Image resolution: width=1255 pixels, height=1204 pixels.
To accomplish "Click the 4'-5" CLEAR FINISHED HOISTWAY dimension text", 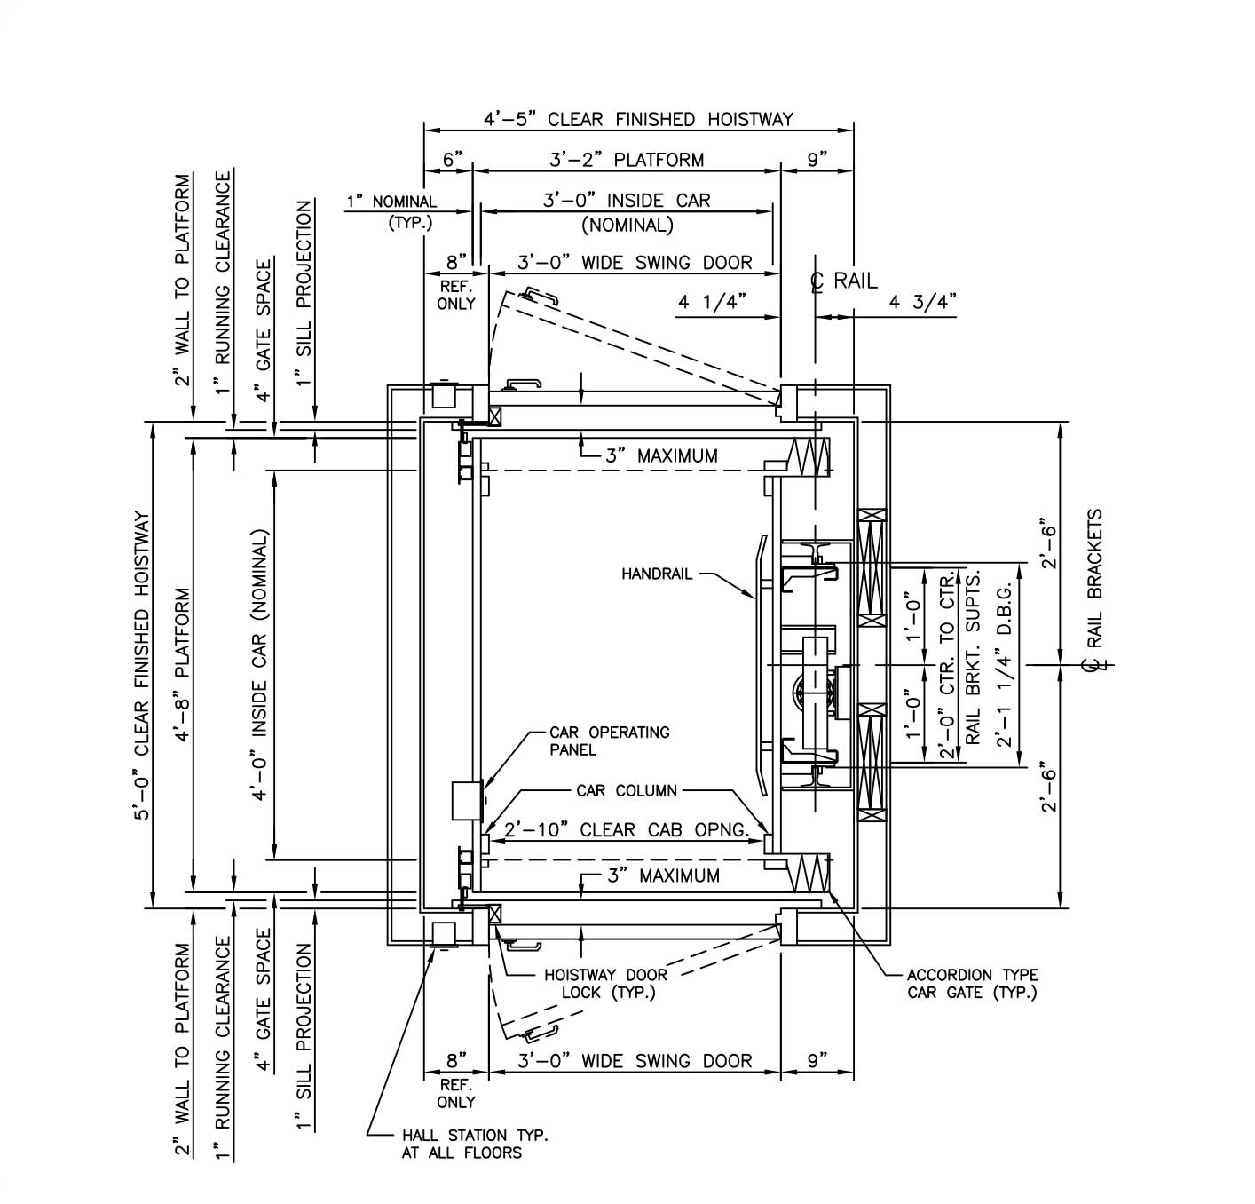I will click(638, 119).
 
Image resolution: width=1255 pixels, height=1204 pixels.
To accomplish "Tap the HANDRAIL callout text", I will click(656, 574).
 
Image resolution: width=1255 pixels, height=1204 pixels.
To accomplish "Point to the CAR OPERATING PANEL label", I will click(609, 741).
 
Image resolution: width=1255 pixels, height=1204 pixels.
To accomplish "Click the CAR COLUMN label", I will click(627, 790).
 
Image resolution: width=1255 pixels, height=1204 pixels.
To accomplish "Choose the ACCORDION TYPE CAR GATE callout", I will click(972, 984).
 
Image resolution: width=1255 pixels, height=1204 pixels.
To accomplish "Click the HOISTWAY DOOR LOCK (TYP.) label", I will click(605, 984).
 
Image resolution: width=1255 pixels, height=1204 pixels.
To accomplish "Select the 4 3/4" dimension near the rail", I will click(923, 302).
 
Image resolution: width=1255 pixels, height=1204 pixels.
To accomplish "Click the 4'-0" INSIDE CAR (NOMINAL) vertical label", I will click(260, 666).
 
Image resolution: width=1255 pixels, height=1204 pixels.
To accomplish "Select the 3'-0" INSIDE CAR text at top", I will click(627, 201).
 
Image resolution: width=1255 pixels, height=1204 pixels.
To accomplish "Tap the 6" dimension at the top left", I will click(453, 160).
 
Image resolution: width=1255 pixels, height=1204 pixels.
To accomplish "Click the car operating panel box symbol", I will click(466, 800).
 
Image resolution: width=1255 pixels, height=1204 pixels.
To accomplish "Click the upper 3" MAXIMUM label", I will click(661, 455).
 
